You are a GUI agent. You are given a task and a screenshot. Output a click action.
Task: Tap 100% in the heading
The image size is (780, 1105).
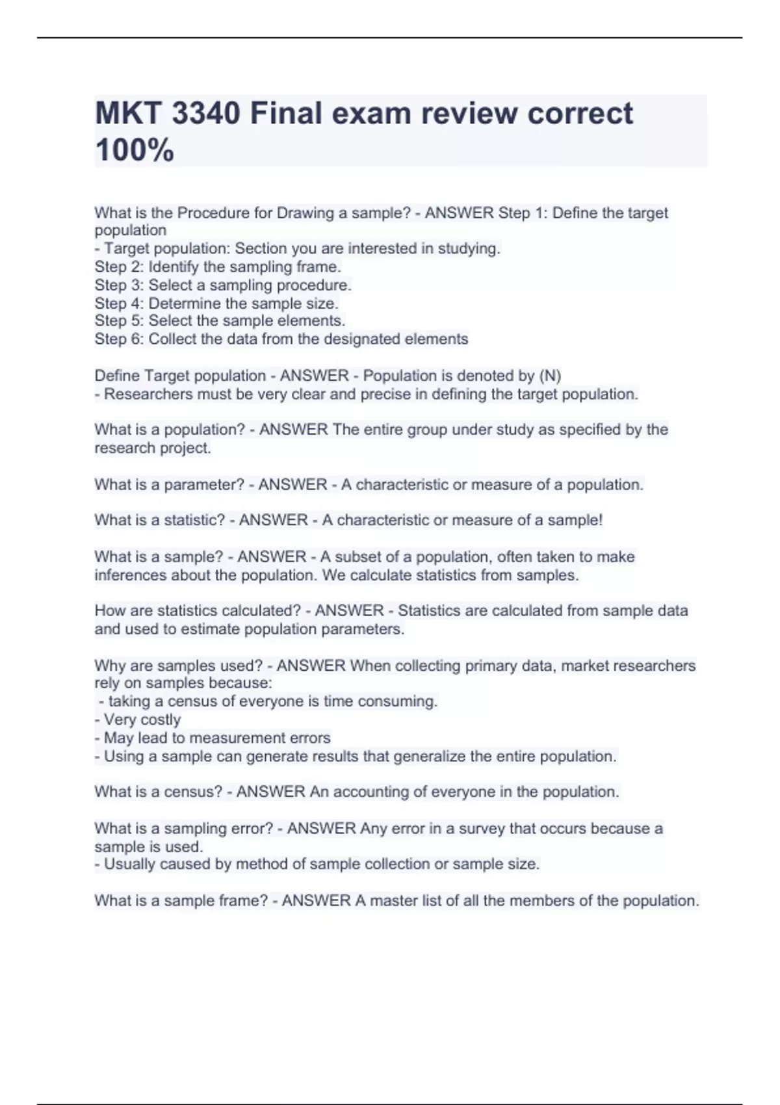135,150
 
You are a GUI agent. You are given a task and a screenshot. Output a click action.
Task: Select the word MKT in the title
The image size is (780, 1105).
128,114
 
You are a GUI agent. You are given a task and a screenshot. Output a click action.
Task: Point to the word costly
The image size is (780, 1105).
160,720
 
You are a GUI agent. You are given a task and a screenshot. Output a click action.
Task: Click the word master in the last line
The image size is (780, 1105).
396,901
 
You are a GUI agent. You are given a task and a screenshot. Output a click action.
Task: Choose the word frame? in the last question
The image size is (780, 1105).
240,901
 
